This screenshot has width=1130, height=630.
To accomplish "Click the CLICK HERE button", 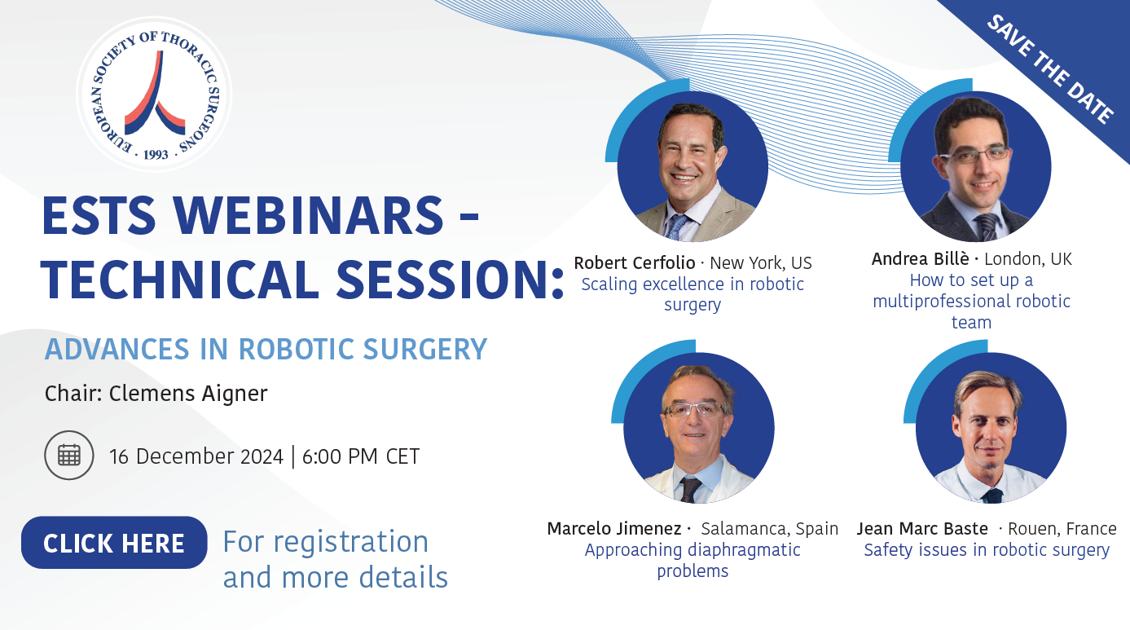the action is click(x=114, y=543).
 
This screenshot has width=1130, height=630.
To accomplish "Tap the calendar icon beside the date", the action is click(x=69, y=456).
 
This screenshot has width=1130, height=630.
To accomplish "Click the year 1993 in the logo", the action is click(x=156, y=155).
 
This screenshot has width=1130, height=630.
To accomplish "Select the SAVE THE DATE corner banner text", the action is click(x=1049, y=69).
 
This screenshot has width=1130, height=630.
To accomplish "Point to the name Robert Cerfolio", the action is click(x=635, y=263).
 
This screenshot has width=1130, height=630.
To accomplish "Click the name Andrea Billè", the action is click(x=920, y=259).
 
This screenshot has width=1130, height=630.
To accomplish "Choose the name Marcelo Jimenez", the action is click(x=614, y=529).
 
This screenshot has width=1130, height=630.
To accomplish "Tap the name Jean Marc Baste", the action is click(x=922, y=529).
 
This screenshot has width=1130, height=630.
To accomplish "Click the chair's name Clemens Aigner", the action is click(x=188, y=394).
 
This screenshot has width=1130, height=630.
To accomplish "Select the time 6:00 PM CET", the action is click(x=361, y=456).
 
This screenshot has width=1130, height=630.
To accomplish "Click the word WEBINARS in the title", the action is click(x=308, y=215).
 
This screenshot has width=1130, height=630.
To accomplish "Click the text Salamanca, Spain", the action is click(x=770, y=529).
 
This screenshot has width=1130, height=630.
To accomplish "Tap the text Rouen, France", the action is click(x=1062, y=529).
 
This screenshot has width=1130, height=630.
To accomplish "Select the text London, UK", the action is click(x=1028, y=259).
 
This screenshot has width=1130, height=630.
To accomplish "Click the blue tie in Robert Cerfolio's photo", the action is click(x=677, y=227).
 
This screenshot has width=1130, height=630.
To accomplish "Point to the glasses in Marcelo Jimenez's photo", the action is click(x=695, y=408).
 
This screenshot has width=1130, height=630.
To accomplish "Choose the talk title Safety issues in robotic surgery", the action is click(x=987, y=550).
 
